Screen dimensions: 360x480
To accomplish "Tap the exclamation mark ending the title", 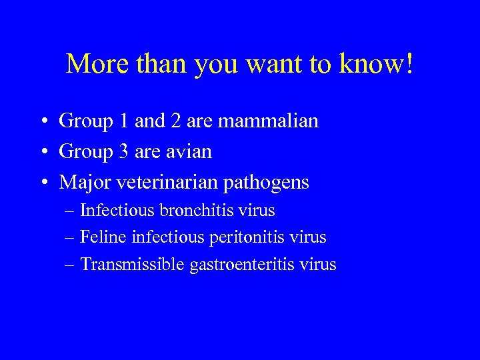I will click(x=409, y=64).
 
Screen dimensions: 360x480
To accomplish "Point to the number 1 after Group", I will click(x=121, y=121).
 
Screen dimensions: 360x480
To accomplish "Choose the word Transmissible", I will click(x=133, y=265).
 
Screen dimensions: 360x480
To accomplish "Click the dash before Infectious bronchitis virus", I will click(x=70, y=211).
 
